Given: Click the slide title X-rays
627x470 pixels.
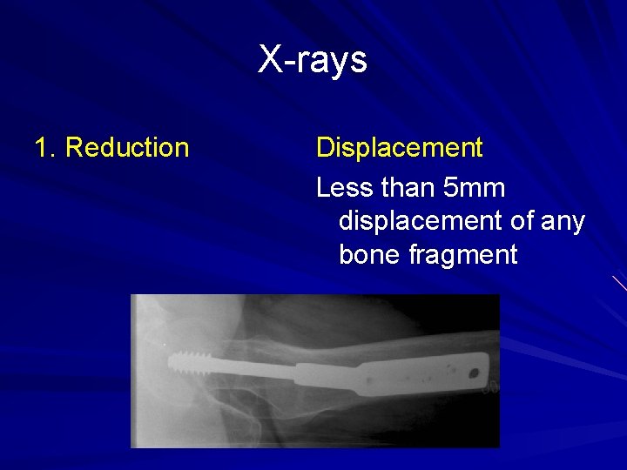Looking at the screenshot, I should (313, 60).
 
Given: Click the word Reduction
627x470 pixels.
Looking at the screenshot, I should (127, 148).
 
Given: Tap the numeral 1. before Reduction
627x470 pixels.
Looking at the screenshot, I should (45, 148).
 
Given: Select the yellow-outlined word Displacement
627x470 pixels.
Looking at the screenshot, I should (399, 148).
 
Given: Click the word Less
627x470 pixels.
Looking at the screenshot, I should (342, 187).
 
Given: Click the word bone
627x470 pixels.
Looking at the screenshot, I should (368, 255).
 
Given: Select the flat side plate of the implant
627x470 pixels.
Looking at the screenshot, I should (409, 374).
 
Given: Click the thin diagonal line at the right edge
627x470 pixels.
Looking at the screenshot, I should (619, 283).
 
